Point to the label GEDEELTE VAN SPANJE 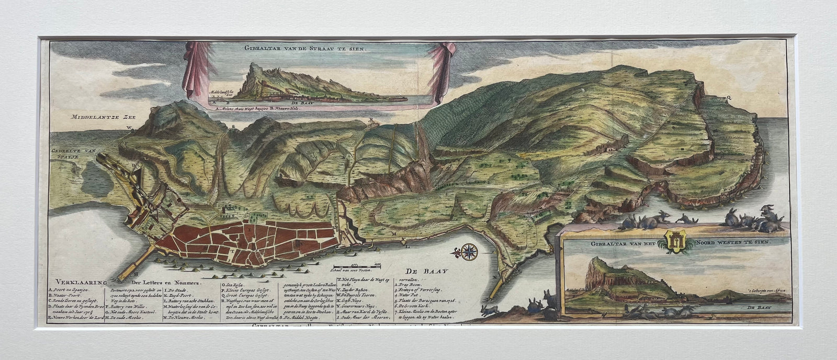point(72,153)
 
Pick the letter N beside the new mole point(494,277)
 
